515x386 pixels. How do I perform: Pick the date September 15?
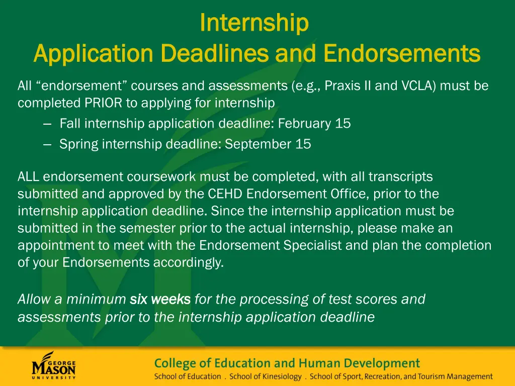268,144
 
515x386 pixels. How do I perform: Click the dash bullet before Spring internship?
48,145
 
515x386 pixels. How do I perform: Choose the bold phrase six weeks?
160,300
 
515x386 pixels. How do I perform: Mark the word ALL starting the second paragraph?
29,177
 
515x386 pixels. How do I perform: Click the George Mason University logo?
54,365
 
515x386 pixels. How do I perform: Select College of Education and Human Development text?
287,363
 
